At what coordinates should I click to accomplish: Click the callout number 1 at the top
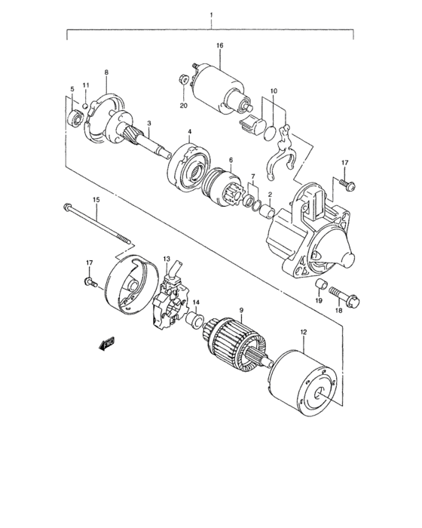pos(212,15)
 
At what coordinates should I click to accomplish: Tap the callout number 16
pos(220,46)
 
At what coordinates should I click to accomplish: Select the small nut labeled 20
pos(183,78)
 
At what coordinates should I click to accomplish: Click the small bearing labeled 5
pos(75,117)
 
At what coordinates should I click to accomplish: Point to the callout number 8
pos(106,72)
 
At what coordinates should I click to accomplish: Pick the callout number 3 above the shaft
pos(149,123)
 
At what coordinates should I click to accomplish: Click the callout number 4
pos(189,132)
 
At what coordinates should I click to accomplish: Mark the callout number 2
pos(270,194)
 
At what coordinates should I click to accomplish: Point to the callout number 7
pos(253,177)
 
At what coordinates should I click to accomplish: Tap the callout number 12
pos(304,331)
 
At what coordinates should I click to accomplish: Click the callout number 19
pos(319,300)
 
